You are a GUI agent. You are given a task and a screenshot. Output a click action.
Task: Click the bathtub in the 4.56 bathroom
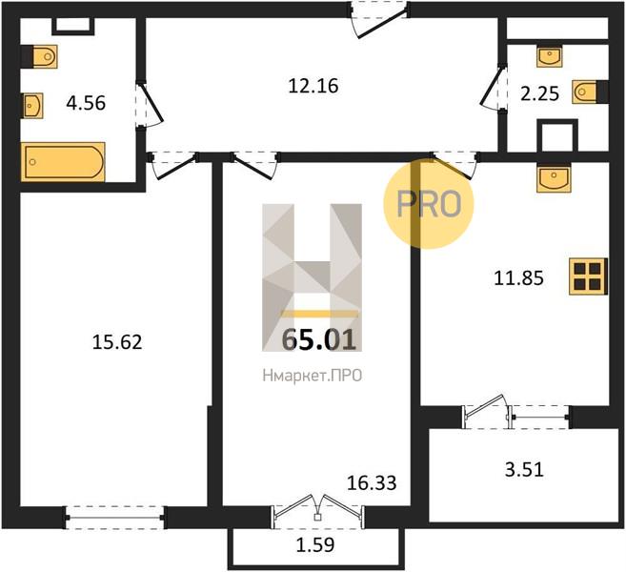pos(63,162)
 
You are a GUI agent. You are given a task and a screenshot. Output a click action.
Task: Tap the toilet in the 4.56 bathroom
pos(39,56)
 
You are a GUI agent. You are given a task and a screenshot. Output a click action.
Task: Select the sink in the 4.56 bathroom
pos(32,106)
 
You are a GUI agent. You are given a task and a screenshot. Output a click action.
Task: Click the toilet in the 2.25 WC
pos(591,92)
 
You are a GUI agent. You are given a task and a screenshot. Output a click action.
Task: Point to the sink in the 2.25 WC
pos(550,56)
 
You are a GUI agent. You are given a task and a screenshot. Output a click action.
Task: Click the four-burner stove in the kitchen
pos(589,276)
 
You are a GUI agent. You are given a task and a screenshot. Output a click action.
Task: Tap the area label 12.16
pos(313,86)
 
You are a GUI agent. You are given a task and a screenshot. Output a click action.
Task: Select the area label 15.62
pos(117,342)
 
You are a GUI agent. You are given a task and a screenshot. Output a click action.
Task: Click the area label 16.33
pos(372,483)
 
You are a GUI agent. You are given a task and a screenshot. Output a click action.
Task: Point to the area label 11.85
pos(518,278)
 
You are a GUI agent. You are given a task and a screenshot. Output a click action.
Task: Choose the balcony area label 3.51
pos(524,470)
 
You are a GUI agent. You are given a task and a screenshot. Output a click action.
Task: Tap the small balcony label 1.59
pos(315,545)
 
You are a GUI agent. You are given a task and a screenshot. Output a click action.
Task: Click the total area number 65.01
pos(318,340)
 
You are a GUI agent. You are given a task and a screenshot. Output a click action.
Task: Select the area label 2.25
pos(539,94)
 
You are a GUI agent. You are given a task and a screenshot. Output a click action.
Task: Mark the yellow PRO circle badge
pos(429,204)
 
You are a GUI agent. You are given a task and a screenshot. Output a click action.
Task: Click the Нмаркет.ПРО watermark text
pos(313,376)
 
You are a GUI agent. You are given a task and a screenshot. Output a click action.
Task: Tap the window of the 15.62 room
pos(115,518)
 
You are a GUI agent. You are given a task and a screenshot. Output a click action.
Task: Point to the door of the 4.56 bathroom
pos(149,106)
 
